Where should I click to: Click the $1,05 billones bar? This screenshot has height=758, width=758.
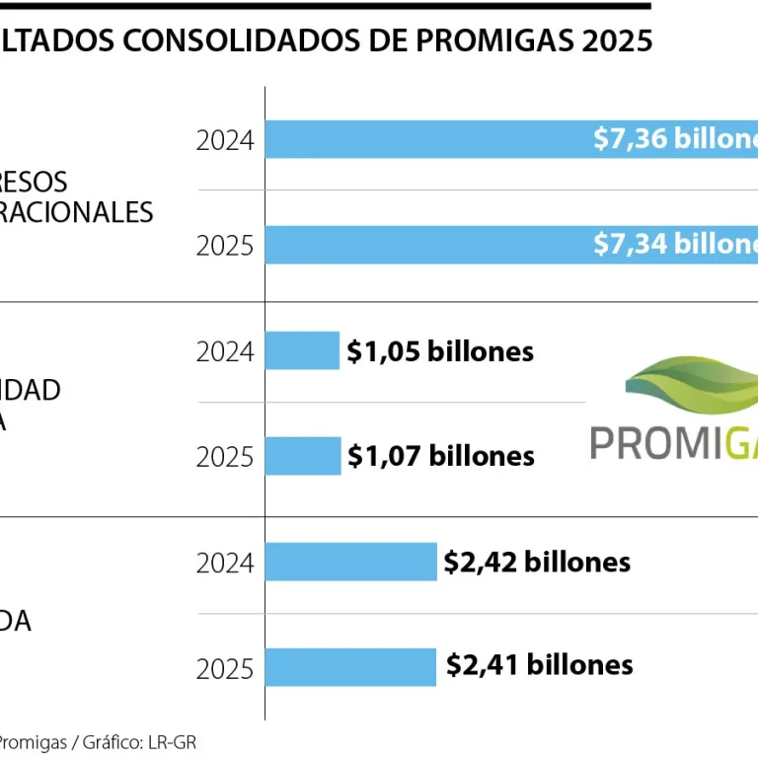(x=302, y=350)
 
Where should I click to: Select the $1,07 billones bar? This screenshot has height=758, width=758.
(x=303, y=456)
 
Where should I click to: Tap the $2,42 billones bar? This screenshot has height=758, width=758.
(x=350, y=562)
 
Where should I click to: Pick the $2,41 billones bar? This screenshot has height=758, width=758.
(x=350, y=666)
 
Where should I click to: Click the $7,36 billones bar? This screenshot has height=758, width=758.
(x=424, y=139)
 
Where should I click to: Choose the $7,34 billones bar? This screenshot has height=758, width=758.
(x=424, y=244)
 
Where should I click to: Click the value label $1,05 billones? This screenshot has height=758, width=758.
(x=440, y=351)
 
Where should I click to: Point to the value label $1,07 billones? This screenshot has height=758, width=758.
(x=441, y=456)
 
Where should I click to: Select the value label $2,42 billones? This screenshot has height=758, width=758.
(x=537, y=562)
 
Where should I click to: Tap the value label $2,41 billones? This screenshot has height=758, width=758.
(x=539, y=665)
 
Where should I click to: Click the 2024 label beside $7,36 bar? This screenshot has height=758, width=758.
(x=225, y=140)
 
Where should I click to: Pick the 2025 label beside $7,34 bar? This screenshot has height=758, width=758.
(x=225, y=245)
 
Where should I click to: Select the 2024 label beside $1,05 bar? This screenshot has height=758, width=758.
(x=225, y=351)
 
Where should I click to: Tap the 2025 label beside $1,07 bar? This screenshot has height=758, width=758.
(x=225, y=457)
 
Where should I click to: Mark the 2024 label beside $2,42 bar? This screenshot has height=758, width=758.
(x=225, y=564)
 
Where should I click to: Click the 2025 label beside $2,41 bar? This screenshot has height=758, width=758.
(x=225, y=669)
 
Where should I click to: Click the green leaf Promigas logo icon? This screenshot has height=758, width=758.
(x=691, y=385)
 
